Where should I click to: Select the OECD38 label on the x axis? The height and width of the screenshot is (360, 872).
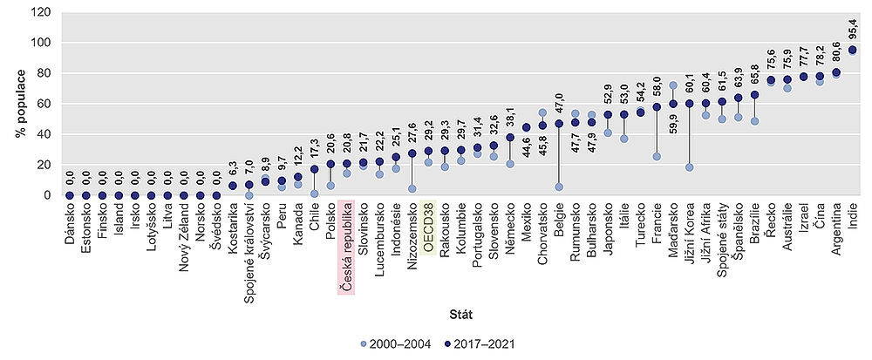click(428, 227)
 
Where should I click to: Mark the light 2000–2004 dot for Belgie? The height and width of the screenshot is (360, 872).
click(559, 187)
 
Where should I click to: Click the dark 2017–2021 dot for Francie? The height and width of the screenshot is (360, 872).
click(657, 107)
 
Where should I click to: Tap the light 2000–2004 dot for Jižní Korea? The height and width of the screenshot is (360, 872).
click(690, 167)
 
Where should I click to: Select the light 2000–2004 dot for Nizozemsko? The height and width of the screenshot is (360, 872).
click(412, 189)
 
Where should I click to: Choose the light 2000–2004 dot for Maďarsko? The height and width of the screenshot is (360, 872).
click(673, 85)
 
